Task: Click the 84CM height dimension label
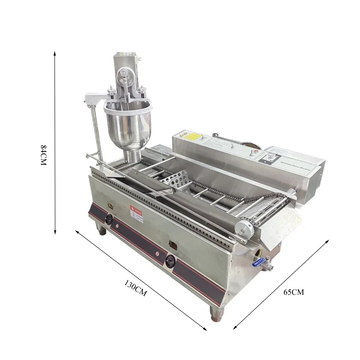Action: tap(44, 155)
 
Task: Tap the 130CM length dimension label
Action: tap(135, 288)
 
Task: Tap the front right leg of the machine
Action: tap(216, 315)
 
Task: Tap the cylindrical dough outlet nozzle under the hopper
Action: tap(134, 156)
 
